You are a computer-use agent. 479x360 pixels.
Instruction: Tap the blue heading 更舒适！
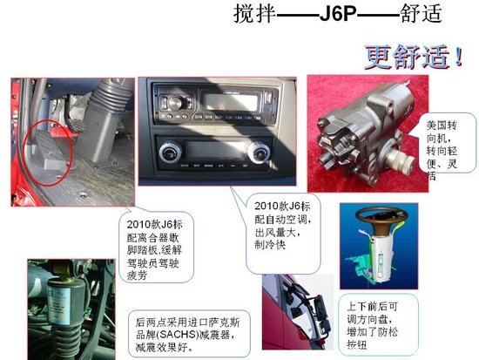(x=412, y=57)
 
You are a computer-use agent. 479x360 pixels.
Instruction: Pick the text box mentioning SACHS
(x=182, y=329)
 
